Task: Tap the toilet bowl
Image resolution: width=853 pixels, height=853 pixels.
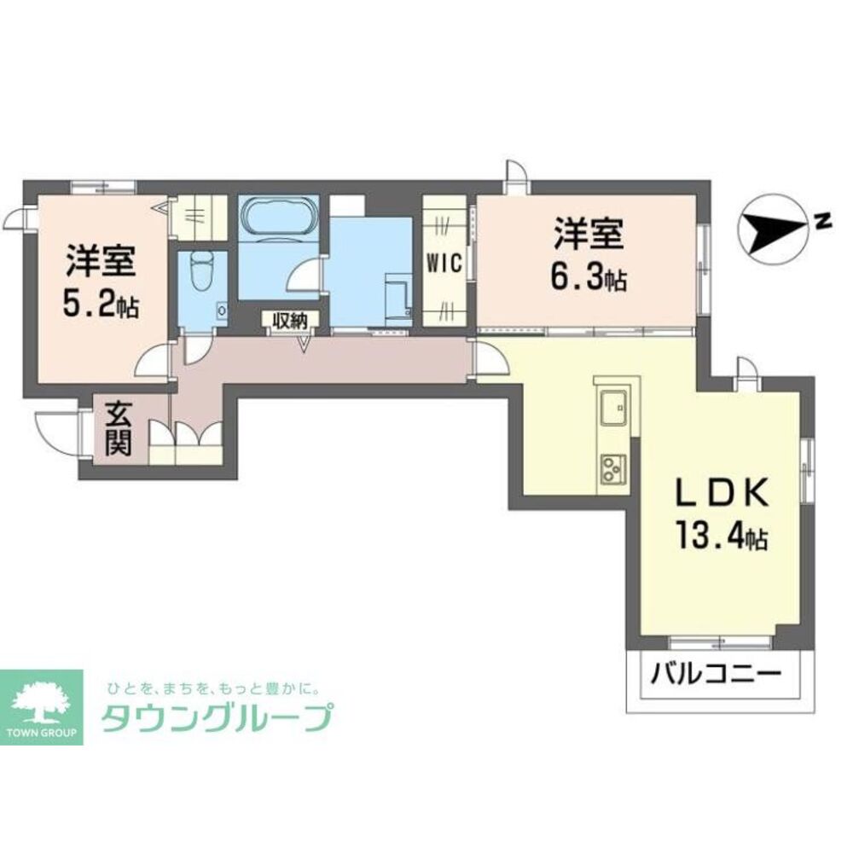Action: pos(201,272)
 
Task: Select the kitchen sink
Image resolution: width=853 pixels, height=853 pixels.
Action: pos(613,408)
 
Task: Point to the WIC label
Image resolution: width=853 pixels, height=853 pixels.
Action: pos(444,264)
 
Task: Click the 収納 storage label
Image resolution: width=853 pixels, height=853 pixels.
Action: pos(290,321)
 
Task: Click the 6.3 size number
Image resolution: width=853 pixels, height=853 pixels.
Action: pos(577,279)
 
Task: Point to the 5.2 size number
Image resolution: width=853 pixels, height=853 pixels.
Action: pos(90,305)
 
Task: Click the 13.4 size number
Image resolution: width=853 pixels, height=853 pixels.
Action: pos(710,537)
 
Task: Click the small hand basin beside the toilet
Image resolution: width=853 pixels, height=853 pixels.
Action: pos(222,310)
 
